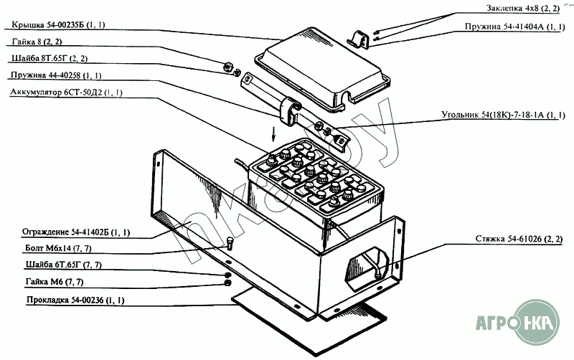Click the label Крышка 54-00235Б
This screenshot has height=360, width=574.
point(58,25)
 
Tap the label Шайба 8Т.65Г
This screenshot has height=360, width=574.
point(49,59)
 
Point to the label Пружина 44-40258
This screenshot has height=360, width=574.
point(56,75)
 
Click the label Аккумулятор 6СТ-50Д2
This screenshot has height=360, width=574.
point(66,92)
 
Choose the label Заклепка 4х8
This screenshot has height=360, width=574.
point(523,8)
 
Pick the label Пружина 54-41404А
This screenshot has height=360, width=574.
point(515,27)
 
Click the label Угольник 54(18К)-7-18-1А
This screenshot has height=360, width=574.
point(503,115)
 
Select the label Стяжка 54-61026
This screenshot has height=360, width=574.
point(519,239)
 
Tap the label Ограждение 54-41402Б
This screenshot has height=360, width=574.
point(76,232)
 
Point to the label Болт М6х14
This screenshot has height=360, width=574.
point(58,248)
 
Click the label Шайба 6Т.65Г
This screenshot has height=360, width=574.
point(64,265)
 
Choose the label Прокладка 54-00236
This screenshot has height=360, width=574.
point(75,300)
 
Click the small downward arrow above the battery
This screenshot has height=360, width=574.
point(273,136)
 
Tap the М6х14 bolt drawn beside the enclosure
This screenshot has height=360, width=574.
point(230,242)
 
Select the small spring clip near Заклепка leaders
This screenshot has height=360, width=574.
point(359,39)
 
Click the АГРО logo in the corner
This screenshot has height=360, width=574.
point(517,323)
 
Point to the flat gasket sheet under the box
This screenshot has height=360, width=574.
point(309,322)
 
